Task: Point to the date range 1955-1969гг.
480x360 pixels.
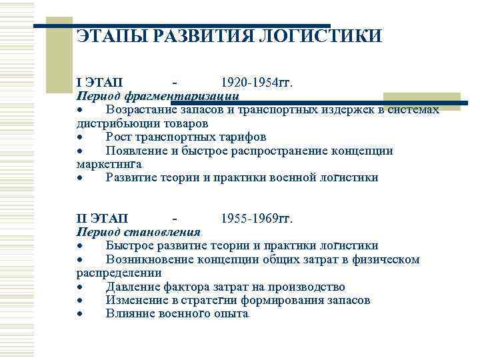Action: tap(257, 219)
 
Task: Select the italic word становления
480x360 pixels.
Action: tap(164, 232)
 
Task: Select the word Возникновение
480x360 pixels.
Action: tap(149, 259)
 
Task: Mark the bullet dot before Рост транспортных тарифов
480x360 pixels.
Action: tap(79, 137)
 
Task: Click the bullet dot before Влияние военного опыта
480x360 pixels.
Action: tap(79, 314)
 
